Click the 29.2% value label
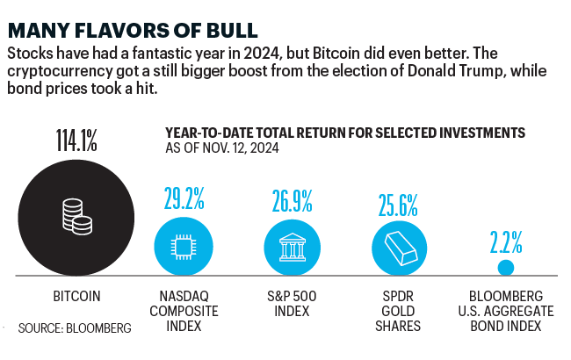[x=183, y=198]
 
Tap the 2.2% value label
[x=507, y=239]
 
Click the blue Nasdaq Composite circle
[x=183, y=246]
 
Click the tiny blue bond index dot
[x=506, y=268]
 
